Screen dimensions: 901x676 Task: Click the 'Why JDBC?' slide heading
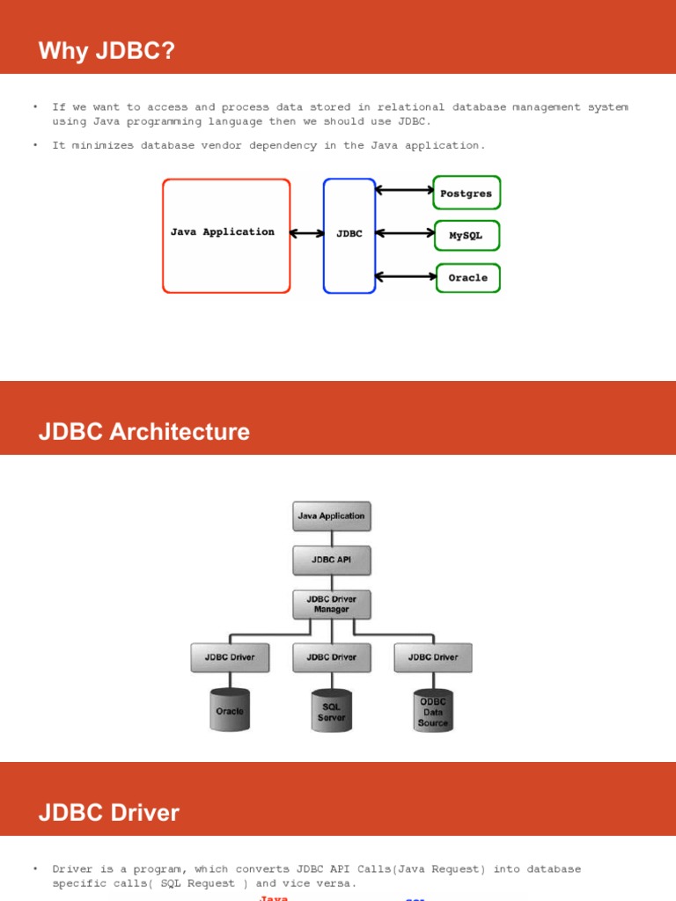tap(107, 52)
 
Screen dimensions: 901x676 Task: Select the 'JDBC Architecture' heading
tap(143, 432)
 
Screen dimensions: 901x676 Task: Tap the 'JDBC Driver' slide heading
tap(108, 813)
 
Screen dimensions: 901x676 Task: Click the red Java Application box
tap(226, 236)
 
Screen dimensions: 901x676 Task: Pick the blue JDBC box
tap(349, 236)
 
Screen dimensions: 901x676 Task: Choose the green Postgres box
tap(467, 194)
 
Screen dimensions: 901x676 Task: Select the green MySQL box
tap(467, 236)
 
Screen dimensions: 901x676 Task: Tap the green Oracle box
tap(467, 278)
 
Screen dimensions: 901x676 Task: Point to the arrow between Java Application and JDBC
tap(307, 233)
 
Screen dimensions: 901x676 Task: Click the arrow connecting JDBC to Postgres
tap(405, 189)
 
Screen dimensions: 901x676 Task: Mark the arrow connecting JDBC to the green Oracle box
tap(405, 276)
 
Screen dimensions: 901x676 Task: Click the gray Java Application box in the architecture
tap(331, 516)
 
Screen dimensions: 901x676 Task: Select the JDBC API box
tap(331, 560)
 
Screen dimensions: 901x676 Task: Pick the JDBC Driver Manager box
tap(331, 604)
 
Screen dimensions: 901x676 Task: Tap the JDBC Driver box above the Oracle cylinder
tap(229, 657)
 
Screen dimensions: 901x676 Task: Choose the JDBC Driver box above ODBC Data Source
tap(433, 657)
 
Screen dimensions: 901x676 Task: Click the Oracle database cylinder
tap(230, 711)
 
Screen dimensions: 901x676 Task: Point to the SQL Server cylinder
tap(331, 712)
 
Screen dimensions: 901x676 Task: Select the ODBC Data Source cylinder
tap(433, 711)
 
